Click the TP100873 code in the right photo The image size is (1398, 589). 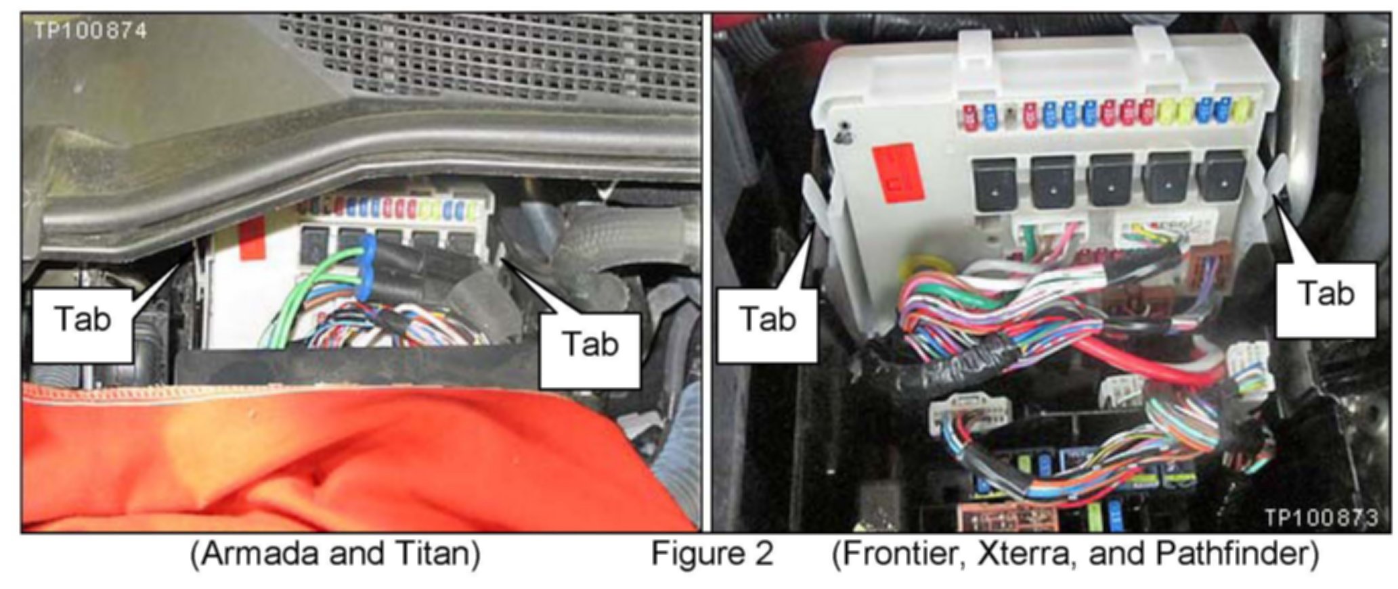pos(1321,518)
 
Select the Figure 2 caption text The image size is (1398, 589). pos(712,555)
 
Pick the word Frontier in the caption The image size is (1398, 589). pos(901,555)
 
